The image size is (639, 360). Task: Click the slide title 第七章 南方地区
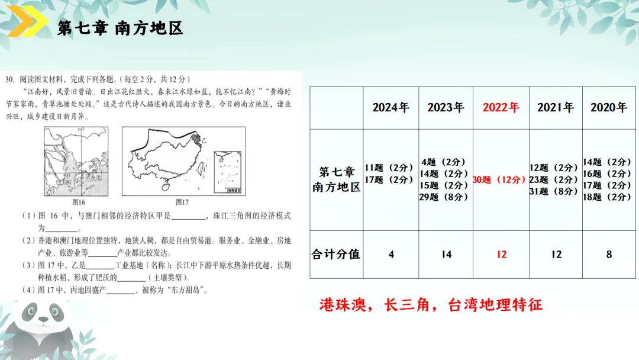pyautogui.click(x=120, y=28)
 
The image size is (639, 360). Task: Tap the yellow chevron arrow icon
pyautogui.click(x=27, y=24)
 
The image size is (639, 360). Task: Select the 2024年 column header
pyautogui.click(x=390, y=108)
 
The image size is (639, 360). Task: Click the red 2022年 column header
pyautogui.click(x=501, y=108)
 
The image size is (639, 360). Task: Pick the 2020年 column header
pyautogui.click(x=608, y=108)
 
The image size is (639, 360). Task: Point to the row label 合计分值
pyautogui.click(x=336, y=254)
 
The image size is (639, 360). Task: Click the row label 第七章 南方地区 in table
pyautogui.click(x=336, y=179)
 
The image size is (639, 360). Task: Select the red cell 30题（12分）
pyautogui.click(x=500, y=179)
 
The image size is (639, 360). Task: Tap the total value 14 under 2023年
pyautogui.click(x=446, y=254)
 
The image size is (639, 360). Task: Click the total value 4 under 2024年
pyautogui.click(x=391, y=254)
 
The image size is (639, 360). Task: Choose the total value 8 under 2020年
pyautogui.click(x=609, y=254)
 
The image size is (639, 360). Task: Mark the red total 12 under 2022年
pyautogui.click(x=501, y=254)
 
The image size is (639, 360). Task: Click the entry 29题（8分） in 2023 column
pyautogui.click(x=444, y=197)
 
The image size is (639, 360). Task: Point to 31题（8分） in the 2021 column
pyautogui.click(x=554, y=191)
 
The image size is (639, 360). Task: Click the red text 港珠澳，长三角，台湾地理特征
pyautogui.click(x=431, y=305)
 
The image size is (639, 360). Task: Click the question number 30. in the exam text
pyautogui.click(x=9, y=79)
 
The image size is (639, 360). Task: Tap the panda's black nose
pyautogui.click(x=43, y=320)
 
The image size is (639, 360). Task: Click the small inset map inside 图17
pyautogui.click(x=227, y=171)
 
